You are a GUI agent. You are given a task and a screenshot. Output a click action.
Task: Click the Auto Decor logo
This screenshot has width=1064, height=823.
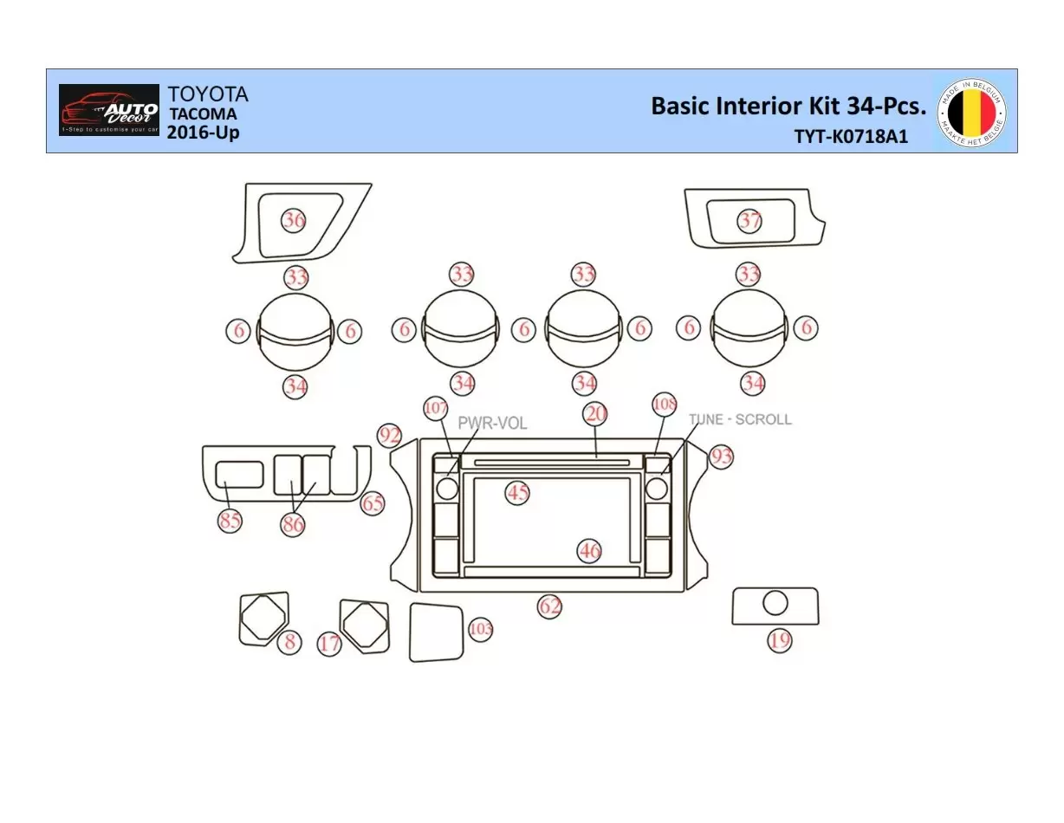point(109,110)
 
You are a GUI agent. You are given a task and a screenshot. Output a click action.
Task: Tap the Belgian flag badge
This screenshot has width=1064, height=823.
point(971,111)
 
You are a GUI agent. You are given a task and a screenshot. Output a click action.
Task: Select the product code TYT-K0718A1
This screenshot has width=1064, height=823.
point(851,137)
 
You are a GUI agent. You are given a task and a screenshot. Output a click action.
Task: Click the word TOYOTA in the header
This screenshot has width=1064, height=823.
point(207,94)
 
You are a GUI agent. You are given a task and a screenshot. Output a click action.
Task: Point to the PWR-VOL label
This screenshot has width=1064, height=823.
point(492,424)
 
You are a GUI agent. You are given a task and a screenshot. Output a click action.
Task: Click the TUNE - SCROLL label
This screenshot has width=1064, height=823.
point(740,419)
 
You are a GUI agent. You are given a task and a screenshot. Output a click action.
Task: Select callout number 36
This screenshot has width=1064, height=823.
point(295,220)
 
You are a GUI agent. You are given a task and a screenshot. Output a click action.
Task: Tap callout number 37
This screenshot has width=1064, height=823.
point(749,220)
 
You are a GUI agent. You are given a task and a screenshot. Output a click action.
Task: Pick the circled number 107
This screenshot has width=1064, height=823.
point(436,406)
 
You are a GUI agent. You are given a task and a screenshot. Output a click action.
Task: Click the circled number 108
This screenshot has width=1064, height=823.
point(665,405)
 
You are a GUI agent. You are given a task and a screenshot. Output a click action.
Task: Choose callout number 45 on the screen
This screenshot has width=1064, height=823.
point(517,493)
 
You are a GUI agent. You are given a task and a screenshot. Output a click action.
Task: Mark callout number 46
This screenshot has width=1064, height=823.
point(590,550)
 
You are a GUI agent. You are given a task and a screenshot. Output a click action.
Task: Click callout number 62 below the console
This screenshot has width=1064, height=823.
point(550,606)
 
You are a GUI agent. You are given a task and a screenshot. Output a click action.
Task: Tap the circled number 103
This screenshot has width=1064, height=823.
point(480,629)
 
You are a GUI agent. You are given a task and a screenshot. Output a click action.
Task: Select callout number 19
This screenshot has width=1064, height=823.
point(780,640)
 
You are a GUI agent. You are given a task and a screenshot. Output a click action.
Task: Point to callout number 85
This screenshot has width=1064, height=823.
point(230,521)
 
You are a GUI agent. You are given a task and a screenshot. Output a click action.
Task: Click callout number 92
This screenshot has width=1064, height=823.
point(390,436)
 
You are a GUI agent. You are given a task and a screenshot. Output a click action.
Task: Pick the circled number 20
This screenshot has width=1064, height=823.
point(596,414)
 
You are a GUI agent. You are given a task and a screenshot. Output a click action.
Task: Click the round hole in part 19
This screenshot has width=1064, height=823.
point(775,603)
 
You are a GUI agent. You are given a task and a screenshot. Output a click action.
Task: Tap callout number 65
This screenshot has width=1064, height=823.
point(373,503)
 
